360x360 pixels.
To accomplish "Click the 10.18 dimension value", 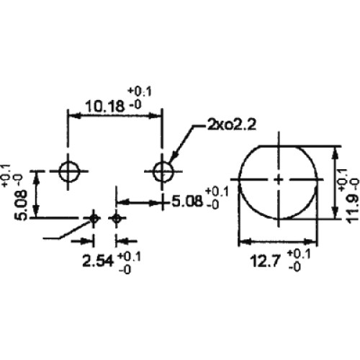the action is tap(105, 106).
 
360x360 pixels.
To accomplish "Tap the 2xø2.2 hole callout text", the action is tap(231, 125).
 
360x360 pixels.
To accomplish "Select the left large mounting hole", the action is tap(69, 171).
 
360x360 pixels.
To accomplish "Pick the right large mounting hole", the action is tap(163, 171).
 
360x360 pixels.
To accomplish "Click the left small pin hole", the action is tap(94, 218).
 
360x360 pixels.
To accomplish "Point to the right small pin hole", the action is tap(117, 218).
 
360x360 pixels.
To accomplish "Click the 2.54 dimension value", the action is tap(98, 261).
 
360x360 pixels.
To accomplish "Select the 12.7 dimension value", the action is tap(265, 261).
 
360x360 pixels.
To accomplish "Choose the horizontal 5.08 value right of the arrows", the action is tap(187, 201).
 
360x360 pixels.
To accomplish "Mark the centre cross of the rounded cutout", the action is tap(279, 179).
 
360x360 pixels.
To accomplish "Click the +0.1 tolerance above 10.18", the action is tap(140, 91).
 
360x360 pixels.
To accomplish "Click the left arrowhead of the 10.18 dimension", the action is tap(74, 116).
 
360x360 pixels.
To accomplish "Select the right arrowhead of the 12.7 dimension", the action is tap(310, 241).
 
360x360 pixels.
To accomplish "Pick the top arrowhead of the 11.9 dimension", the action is tap(336, 152).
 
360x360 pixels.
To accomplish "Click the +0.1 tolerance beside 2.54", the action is tap(129, 257).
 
